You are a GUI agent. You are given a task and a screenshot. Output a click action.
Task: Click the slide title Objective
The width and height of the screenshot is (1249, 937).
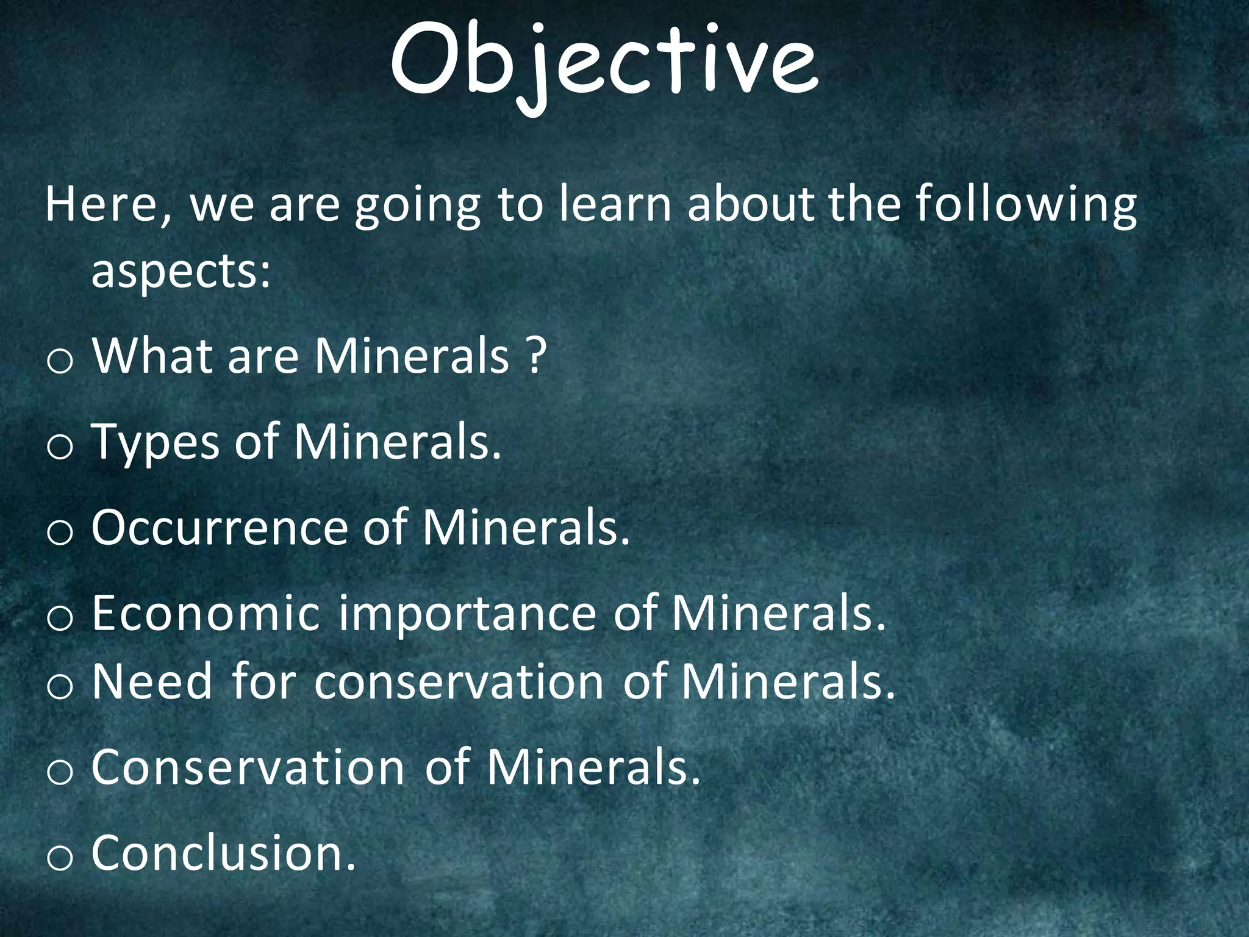[604, 64]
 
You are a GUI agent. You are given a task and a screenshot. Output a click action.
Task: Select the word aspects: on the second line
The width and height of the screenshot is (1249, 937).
[181, 273]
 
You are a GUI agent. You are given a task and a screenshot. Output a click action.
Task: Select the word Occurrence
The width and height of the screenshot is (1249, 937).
[220, 527]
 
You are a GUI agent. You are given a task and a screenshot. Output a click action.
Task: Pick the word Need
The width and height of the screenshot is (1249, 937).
[152, 681]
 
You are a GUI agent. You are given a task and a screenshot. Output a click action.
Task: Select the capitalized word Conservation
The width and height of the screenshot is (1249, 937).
[248, 767]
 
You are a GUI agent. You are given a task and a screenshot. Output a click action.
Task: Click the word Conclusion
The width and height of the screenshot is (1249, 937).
[223, 852]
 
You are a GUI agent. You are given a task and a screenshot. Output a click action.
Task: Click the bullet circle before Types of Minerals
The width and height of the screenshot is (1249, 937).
[60, 447]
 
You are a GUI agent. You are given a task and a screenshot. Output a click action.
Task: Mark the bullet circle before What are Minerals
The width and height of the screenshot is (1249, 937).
[60, 361]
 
